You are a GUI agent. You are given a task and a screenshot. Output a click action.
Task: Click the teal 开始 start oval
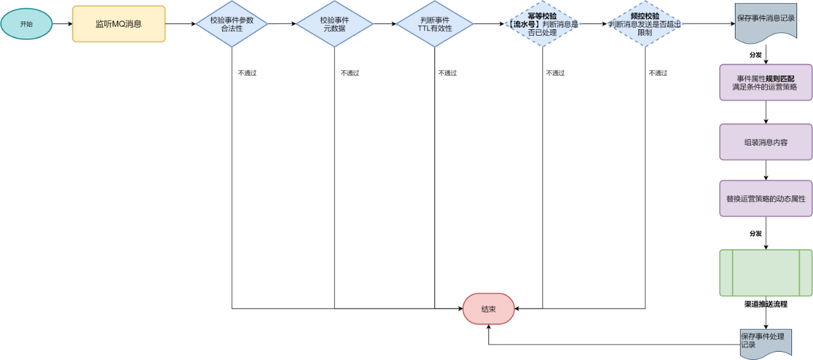(x=26, y=24)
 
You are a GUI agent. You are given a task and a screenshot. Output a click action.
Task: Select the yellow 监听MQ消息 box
(x=119, y=24)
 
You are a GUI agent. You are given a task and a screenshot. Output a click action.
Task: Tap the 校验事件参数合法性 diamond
(x=232, y=24)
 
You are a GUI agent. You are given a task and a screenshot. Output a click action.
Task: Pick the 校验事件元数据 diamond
(x=335, y=24)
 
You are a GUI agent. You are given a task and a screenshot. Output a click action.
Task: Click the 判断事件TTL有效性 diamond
(x=435, y=24)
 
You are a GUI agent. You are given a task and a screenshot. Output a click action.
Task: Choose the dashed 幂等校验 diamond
(x=542, y=24)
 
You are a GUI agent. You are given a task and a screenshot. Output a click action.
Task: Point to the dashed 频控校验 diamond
(x=645, y=24)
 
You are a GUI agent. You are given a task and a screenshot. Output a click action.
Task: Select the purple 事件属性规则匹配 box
(x=765, y=82)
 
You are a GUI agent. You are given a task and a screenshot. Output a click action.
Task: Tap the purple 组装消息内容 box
(x=765, y=142)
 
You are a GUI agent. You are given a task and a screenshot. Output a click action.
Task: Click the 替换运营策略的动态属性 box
(x=765, y=199)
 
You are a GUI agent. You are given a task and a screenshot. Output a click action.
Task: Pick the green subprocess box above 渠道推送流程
(x=765, y=272)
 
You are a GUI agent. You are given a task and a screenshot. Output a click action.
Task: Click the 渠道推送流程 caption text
(x=765, y=304)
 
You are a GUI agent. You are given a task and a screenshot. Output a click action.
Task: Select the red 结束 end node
(x=488, y=309)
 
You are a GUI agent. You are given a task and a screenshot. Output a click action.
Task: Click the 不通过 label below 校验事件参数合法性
(x=247, y=73)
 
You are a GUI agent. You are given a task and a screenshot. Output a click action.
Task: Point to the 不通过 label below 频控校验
(x=658, y=73)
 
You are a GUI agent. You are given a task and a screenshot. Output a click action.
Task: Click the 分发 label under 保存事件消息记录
(x=755, y=55)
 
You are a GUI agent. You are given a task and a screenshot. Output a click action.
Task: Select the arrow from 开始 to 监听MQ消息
(x=62, y=24)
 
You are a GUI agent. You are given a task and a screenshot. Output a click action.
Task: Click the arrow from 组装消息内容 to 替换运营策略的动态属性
(x=765, y=170)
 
